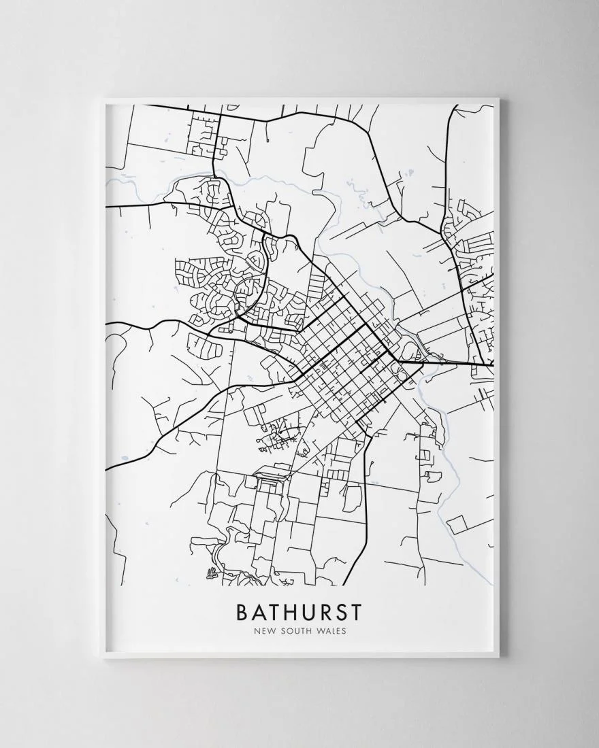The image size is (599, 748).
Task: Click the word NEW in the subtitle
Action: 263,631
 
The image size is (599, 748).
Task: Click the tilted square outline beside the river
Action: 457,524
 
